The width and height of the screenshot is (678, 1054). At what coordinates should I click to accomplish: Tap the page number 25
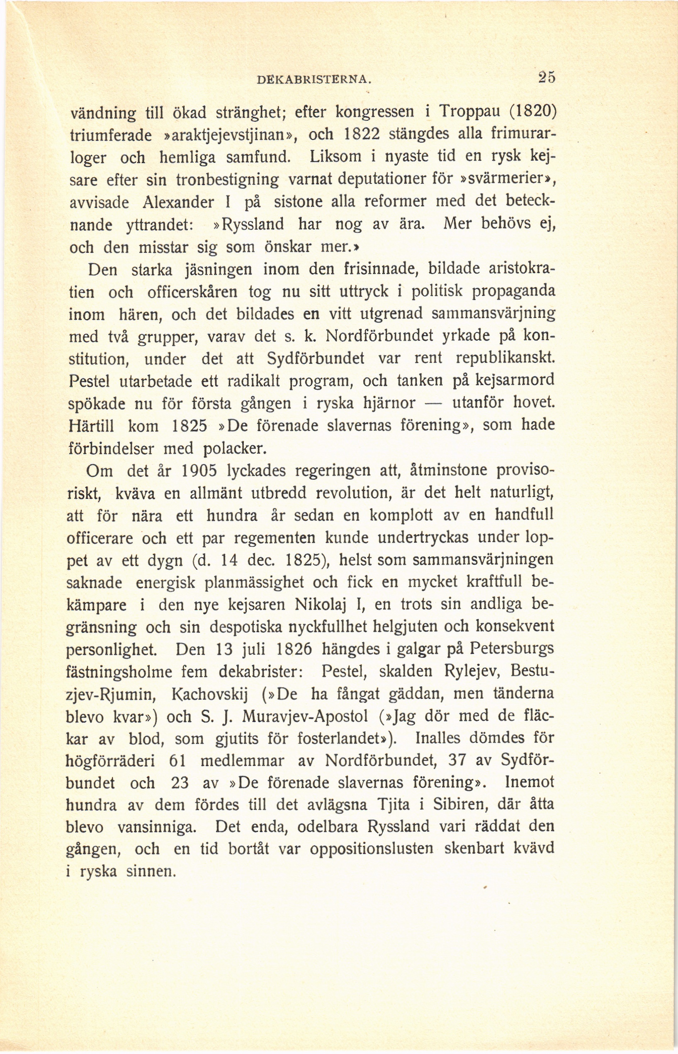[x=547, y=77]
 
